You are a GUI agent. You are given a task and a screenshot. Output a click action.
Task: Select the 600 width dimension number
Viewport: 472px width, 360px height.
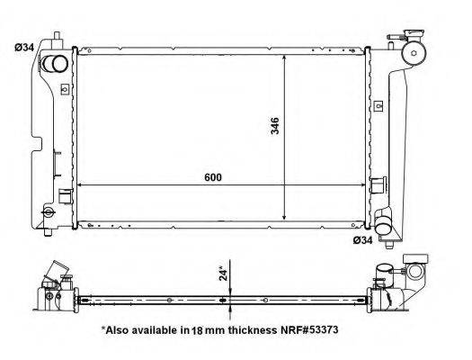[x=212, y=177]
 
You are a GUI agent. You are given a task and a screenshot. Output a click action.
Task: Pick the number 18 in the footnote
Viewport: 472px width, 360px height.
[x=196, y=330]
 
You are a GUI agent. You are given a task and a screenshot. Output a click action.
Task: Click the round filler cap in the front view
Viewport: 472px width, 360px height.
[x=416, y=52]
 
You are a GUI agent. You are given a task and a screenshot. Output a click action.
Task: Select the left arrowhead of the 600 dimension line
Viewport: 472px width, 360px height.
[x=83, y=184]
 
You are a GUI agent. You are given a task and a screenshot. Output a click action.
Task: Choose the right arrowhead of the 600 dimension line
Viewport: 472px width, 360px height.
[x=369, y=184]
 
